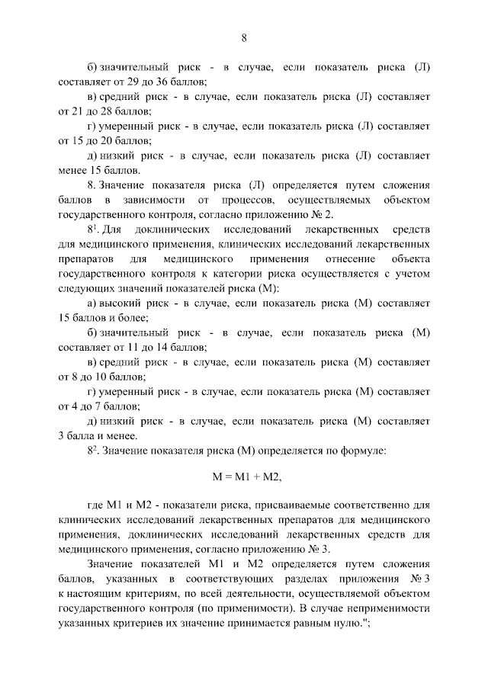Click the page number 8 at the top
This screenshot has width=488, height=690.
click(244, 37)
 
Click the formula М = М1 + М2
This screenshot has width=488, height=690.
click(244, 477)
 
